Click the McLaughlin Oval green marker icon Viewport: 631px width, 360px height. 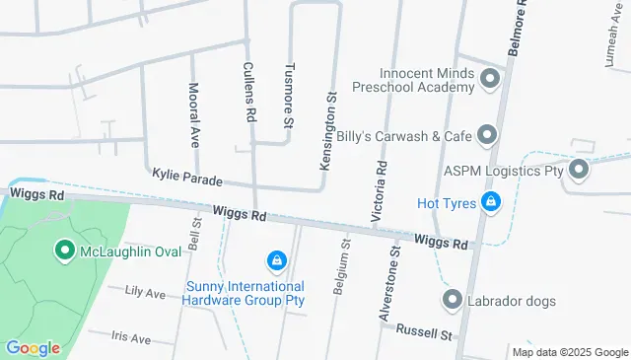pos(65,252)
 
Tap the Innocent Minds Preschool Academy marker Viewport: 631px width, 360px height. pos(490,79)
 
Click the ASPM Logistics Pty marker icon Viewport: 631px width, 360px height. pos(579,171)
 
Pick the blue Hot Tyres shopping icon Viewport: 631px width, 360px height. pos(491,203)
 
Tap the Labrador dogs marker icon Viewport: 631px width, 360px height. pos(453,300)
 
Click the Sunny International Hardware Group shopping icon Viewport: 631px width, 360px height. pos(277,261)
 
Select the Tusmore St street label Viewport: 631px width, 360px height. pos(290,97)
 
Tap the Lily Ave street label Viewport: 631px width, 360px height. pos(145,293)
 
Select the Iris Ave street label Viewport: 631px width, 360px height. pos(131,338)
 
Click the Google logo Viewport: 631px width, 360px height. pos(33,348)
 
